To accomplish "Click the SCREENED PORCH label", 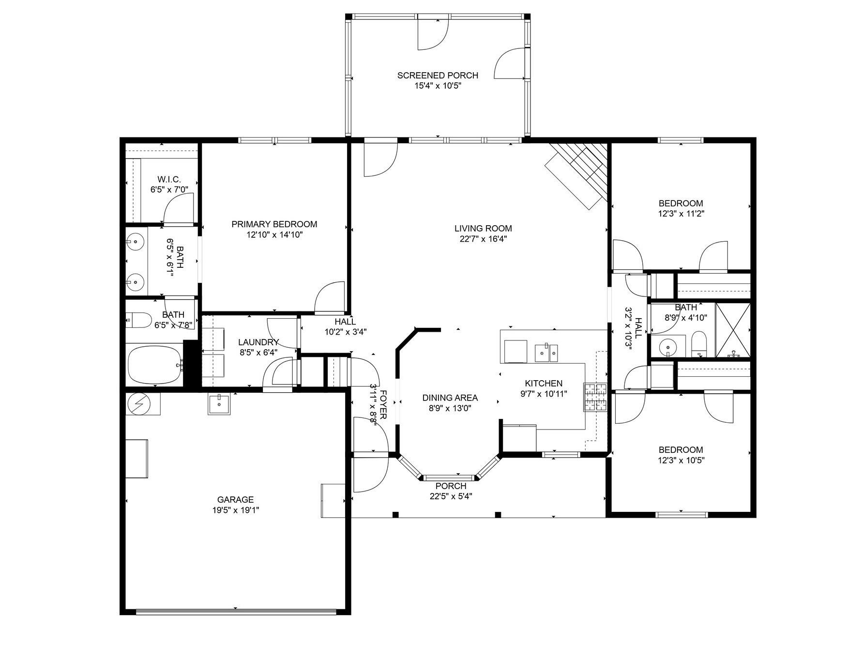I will (438, 75).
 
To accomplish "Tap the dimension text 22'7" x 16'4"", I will (483, 239).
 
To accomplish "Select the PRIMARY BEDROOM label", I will (274, 224).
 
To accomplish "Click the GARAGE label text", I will (235, 499).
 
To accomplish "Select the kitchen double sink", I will (546, 352).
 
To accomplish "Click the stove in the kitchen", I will (595, 397).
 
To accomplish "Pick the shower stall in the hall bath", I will (733, 330).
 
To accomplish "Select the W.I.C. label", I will (169, 179).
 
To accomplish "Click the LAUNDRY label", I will (258, 342).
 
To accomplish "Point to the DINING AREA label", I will (450, 398).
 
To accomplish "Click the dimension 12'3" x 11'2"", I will (681, 214).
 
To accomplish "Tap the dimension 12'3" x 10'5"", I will (681, 460).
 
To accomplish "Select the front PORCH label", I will (451, 486).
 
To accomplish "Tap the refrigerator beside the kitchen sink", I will (515, 351).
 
